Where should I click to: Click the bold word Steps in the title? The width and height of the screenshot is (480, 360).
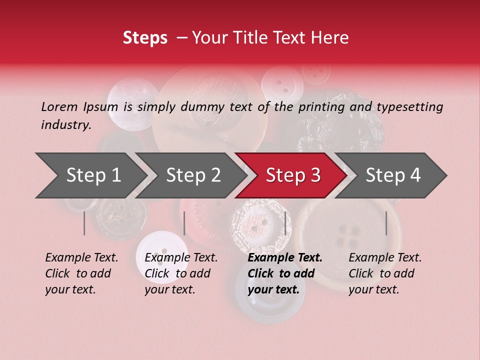(145, 38)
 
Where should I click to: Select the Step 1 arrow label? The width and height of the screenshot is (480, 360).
(93, 175)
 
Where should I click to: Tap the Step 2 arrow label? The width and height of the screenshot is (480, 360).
(193, 175)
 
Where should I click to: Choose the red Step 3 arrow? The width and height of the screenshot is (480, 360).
(293, 175)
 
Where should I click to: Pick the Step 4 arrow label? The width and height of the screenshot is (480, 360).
(393, 175)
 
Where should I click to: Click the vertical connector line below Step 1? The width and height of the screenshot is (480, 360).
(84, 223)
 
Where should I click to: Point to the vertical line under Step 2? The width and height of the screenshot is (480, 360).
(184, 223)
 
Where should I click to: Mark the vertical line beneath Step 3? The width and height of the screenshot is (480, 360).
(285, 223)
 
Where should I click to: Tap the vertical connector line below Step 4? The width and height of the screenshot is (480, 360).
(386, 223)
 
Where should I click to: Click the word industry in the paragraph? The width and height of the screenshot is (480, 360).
(66, 124)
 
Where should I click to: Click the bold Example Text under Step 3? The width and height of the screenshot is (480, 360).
(285, 257)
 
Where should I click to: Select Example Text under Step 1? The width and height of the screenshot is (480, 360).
(81, 257)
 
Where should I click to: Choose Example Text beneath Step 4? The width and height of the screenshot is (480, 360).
(385, 257)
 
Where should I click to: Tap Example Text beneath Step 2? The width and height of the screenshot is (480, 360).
(181, 257)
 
